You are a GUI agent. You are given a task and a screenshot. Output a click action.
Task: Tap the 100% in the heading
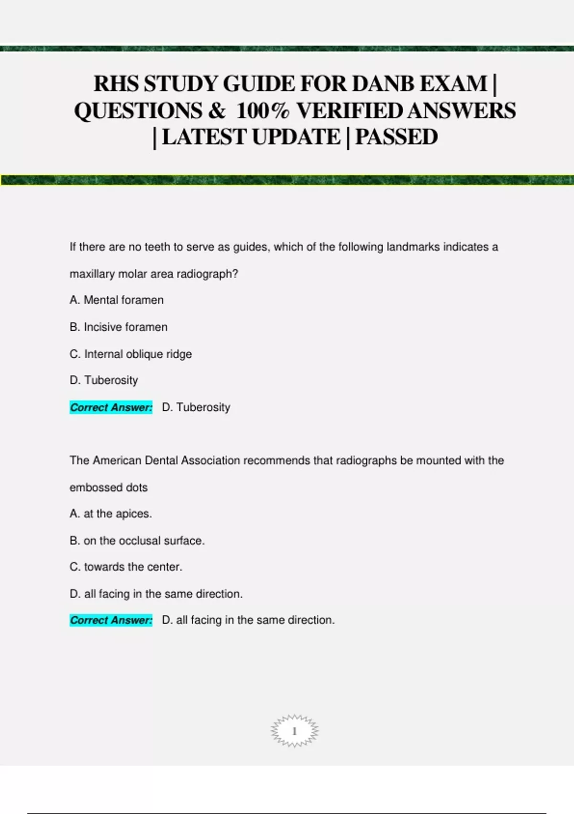click(263, 111)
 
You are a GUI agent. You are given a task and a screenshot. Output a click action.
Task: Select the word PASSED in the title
click(396, 137)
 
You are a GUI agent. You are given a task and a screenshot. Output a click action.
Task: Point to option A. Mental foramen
click(116, 300)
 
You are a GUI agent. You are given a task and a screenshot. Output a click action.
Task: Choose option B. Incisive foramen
click(118, 327)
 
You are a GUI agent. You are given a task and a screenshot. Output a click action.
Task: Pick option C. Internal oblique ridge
click(131, 354)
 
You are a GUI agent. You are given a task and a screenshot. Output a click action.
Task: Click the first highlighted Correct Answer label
click(111, 407)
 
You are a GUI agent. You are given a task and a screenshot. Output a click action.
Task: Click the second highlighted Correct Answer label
click(111, 621)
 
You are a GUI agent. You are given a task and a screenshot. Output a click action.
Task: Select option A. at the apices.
click(110, 514)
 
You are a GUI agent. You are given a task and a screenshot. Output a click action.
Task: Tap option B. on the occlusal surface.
click(137, 541)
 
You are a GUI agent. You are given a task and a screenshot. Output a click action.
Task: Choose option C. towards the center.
click(126, 567)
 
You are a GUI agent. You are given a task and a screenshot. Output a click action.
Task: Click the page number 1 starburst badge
click(294, 731)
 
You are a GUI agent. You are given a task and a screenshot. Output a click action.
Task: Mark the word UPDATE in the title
click(296, 137)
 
